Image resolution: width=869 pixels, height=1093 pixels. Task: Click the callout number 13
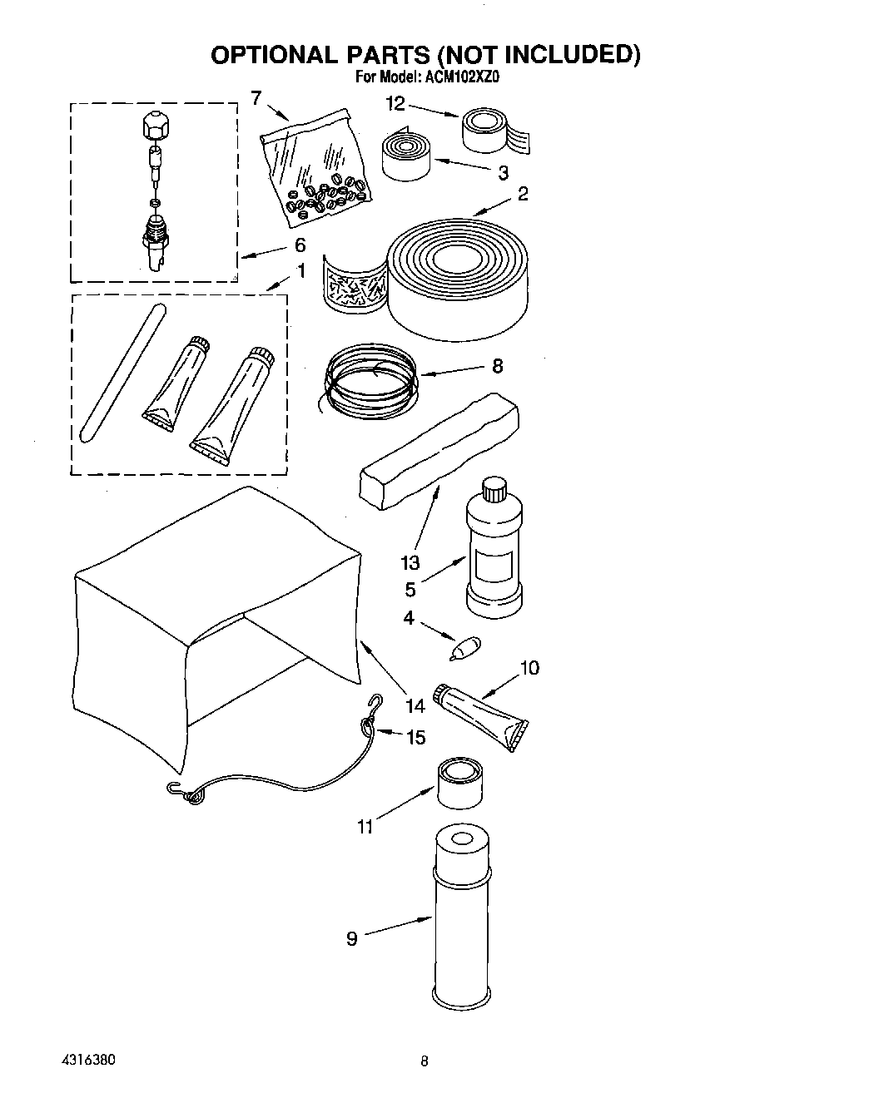click(x=410, y=563)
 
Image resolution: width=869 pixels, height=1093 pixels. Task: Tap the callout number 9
click(x=352, y=938)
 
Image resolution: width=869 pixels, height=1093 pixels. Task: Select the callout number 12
click(x=395, y=104)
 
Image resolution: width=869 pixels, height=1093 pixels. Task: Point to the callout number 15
click(x=415, y=737)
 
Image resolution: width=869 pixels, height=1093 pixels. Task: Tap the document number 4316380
click(x=87, y=1061)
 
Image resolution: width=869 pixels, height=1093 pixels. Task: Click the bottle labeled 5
click(x=494, y=553)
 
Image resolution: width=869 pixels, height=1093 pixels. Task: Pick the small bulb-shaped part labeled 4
click(x=464, y=649)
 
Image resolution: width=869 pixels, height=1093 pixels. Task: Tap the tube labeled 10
click(x=479, y=715)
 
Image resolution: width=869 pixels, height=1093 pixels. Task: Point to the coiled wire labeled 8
click(x=367, y=376)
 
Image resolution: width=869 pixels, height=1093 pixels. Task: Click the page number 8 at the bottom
click(x=425, y=1061)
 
